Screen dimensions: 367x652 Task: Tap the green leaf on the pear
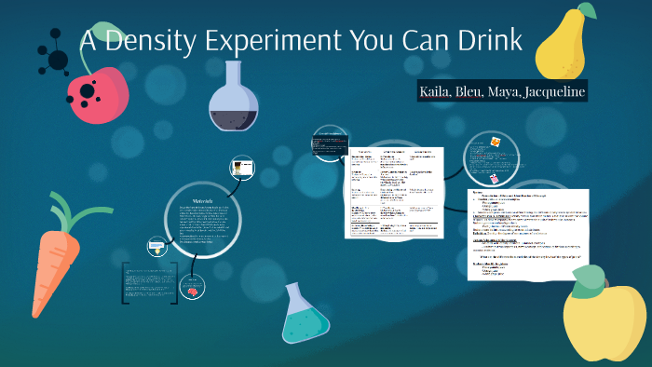587,11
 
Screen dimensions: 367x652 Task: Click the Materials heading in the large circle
203,201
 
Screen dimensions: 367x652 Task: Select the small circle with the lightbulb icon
156,247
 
